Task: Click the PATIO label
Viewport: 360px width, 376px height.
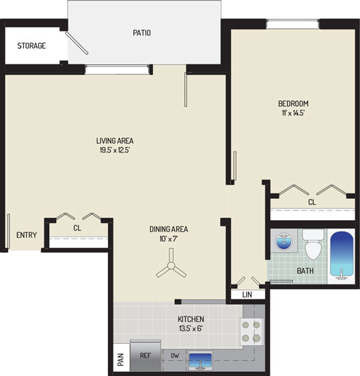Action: click(x=141, y=33)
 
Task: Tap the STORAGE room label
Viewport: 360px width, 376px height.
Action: click(x=31, y=46)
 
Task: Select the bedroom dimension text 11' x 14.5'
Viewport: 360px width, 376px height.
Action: click(x=293, y=113)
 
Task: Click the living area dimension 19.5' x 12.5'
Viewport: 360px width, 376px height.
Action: click(x=115, y=150)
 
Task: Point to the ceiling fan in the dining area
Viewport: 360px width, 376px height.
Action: click(x=171, y=265)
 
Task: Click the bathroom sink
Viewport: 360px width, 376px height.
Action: click(x=283, y=241)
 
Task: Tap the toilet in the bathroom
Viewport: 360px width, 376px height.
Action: click(x=313, y=244)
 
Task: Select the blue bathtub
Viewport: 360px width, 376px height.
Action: click(x=342, y=256)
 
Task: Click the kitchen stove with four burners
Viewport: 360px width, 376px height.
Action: click(x=251, y=332)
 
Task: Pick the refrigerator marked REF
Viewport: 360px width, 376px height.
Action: click(x=146, y=355)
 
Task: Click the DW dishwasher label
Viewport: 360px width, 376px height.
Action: click(x=175, y=355)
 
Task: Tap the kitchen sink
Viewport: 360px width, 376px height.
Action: click(x=201, y=360)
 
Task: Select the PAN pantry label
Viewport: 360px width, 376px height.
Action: click(x=120, y=360)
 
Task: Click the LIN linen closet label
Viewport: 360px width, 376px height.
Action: click(x=247, y=295)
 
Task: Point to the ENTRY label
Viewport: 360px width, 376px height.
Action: click(x=27, y=235)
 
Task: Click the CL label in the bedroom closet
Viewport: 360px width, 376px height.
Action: click(x=311, y=202)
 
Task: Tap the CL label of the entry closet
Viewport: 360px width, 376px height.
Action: click(x=77, y=228)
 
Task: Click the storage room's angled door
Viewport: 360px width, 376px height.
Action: click(x=77, y=43)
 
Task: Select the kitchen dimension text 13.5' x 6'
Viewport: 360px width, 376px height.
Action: click(x=191, y=328)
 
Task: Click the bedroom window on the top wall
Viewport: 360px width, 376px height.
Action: click(x=292, y=24)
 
